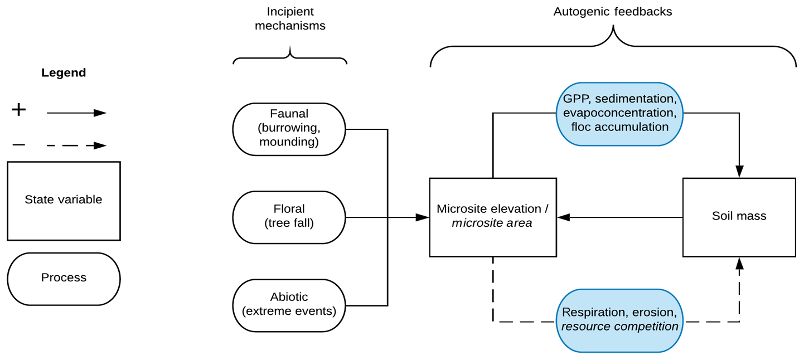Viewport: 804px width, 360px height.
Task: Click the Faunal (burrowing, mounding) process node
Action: click(289, 129)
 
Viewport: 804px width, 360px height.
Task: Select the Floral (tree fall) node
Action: click(289, 217)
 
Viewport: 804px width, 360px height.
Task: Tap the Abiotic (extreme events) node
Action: click(289, 305)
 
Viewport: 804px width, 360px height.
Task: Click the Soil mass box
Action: click(739, 217)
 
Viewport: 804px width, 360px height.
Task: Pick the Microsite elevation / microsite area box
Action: click(492, 217)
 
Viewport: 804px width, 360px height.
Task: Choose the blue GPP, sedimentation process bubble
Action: click(619, 114)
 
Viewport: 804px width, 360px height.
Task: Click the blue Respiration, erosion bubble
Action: click(619, 320)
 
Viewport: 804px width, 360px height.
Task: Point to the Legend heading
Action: click(64, 72)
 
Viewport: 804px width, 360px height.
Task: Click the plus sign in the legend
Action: click(19, 110)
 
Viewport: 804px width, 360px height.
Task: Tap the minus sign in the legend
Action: click(19, 145)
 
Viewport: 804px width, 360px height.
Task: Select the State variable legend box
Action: click(64, 201)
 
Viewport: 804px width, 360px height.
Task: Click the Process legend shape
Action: click(64, 278)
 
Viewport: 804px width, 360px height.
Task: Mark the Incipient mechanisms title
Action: click(290, 18)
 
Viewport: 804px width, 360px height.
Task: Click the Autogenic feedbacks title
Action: click(612, 12)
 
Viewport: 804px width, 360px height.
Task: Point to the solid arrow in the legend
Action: click(76, 113)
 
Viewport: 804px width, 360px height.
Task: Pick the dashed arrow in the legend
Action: click(76, 146)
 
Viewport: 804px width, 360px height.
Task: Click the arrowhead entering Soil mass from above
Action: click(739, 172)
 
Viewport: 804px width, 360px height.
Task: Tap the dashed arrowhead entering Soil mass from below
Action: click(739, 264)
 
